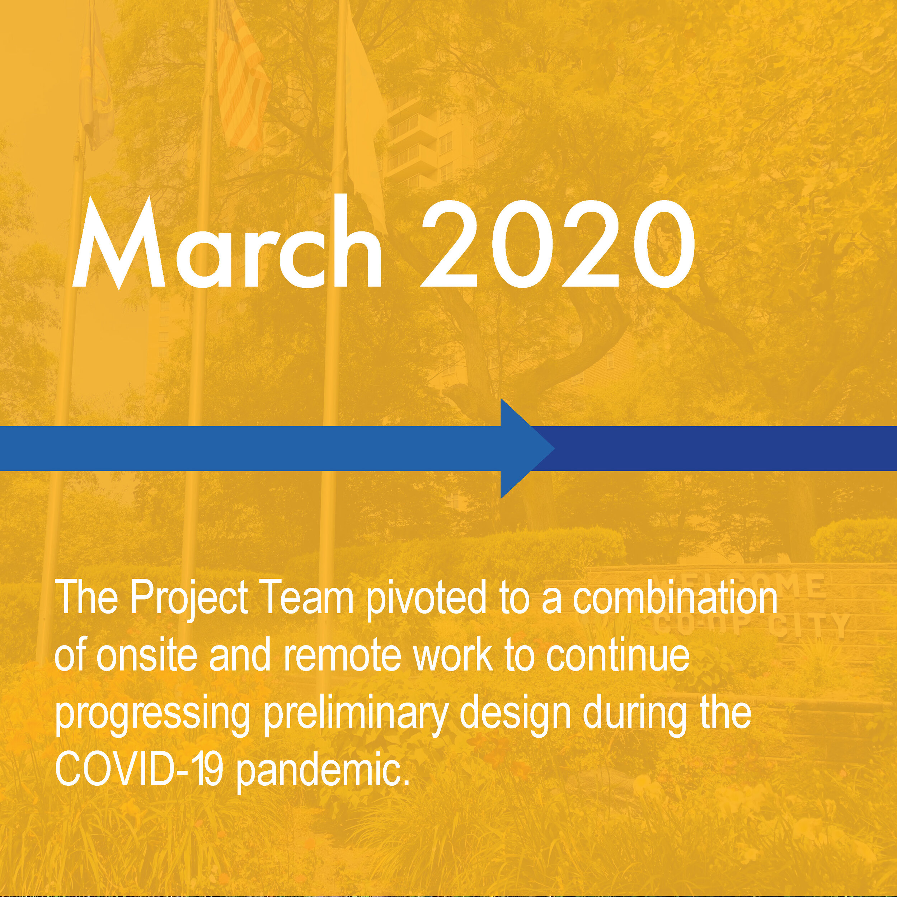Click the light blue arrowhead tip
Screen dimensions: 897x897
(x=554, y=448)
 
